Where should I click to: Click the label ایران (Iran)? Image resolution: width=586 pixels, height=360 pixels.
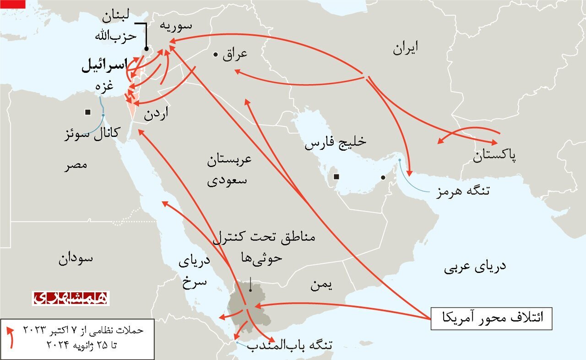(405, 48)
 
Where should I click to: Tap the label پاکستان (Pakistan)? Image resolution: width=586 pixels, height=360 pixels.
(494, 156)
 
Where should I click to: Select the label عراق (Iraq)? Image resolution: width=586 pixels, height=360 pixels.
(235, 54)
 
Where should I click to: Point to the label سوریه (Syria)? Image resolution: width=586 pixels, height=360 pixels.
(175, 26)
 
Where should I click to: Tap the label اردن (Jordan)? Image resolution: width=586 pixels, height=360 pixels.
(156, 114)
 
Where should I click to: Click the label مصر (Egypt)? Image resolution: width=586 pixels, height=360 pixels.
(76, 165)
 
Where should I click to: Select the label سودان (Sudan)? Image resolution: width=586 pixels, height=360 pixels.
(76, 259)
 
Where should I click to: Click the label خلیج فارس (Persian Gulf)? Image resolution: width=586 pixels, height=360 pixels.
(336, 143)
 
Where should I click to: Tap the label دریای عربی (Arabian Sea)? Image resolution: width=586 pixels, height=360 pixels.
(475, 267)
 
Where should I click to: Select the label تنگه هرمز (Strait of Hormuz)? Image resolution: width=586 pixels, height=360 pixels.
(463, 191)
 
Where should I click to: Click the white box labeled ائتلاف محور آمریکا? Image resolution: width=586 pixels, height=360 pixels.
(491, 318)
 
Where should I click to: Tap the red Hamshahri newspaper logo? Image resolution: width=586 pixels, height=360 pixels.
(71, 298)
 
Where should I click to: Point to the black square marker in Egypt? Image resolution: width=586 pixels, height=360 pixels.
(87, 112)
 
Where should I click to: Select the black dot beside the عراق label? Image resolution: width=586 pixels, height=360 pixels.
(215, 55)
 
